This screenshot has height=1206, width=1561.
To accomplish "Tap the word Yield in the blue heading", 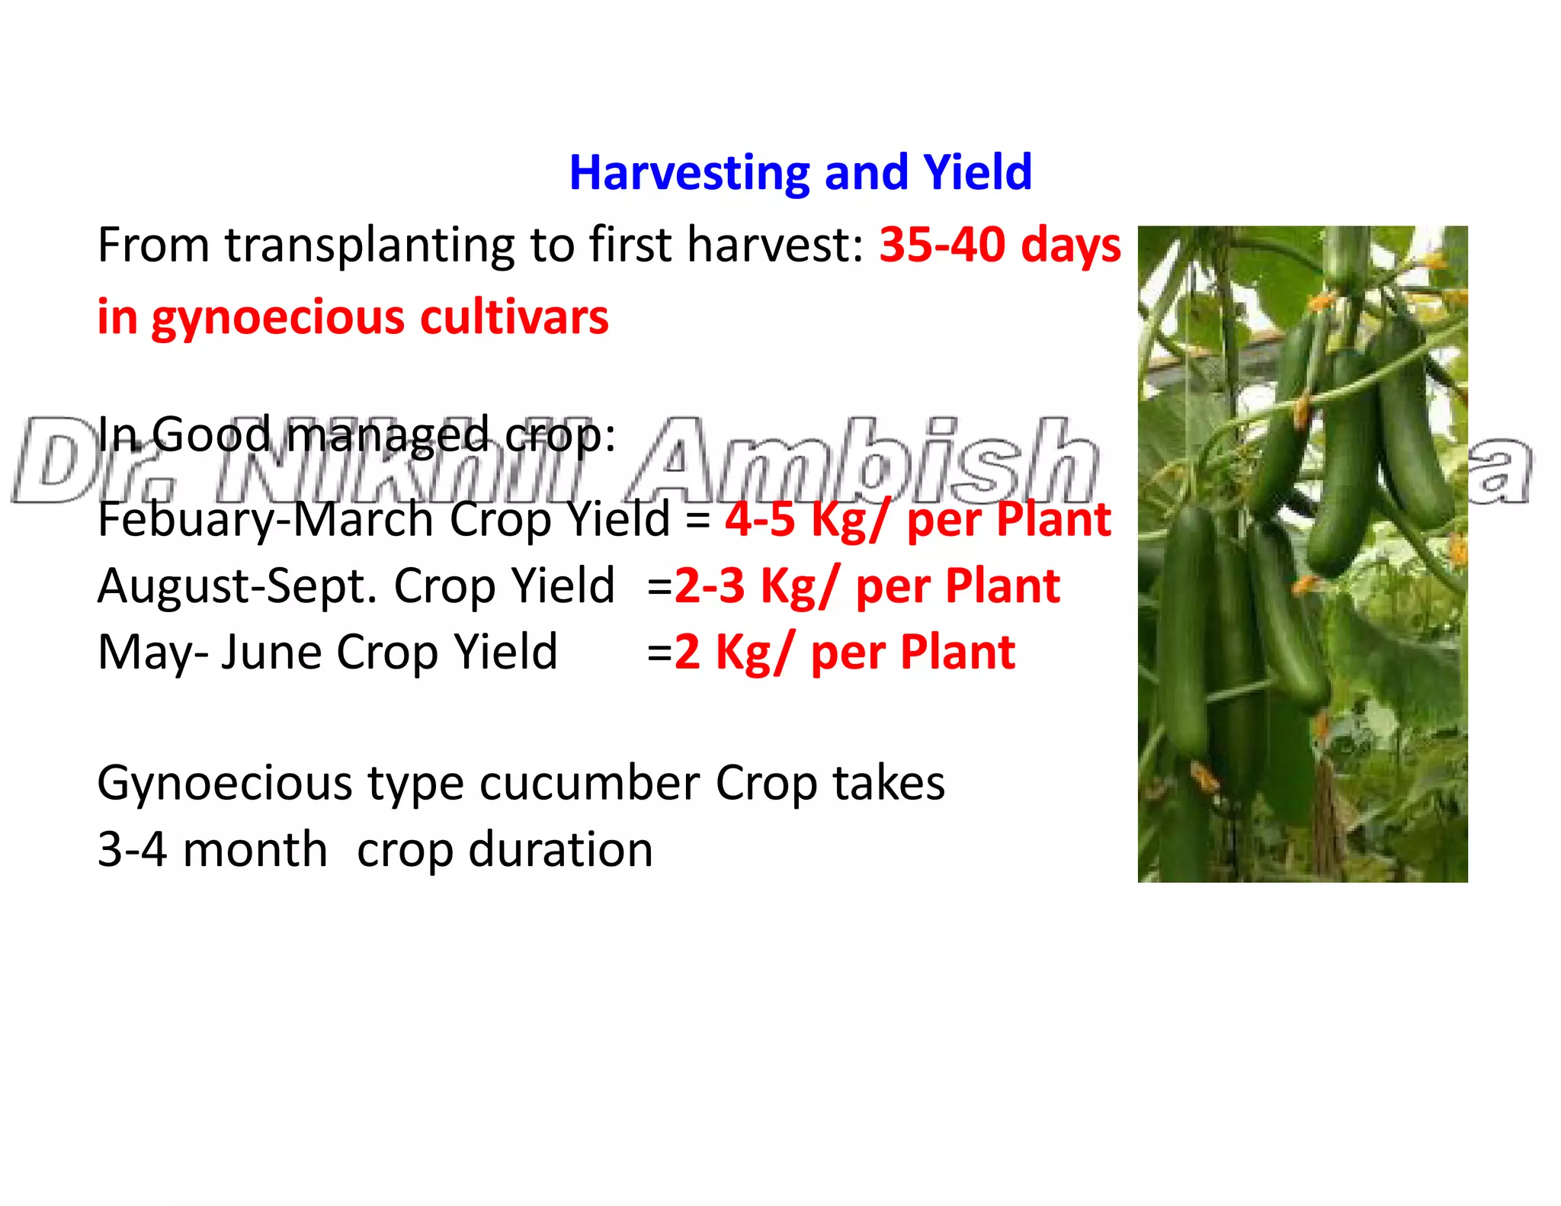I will coord(977,173).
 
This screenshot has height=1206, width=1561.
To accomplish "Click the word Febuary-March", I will coord(265,520).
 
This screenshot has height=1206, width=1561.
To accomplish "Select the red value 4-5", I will coord(759,520).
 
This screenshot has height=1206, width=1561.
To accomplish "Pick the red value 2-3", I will coord(710,586).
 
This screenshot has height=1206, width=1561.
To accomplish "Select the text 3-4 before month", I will coord(132,850).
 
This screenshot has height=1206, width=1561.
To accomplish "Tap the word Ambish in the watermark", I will coord(869,461).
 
